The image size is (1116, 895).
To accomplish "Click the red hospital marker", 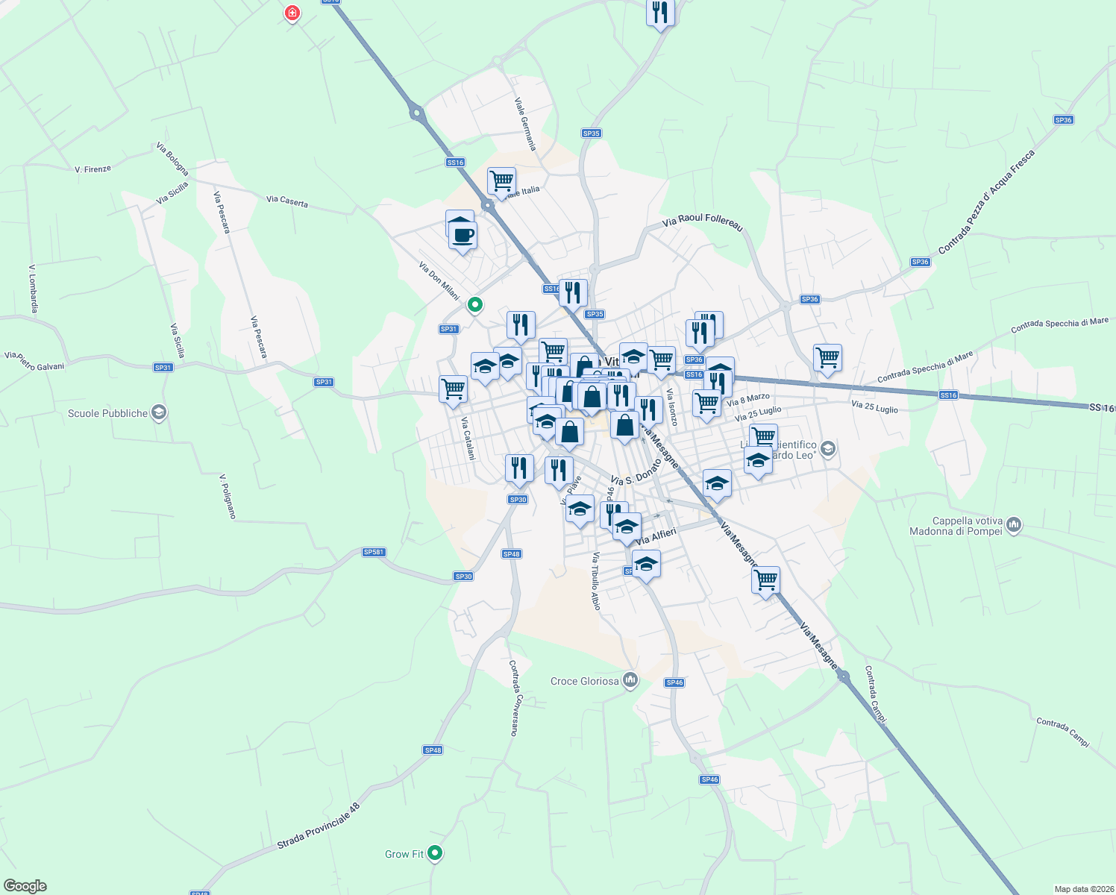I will (x=292, y=13).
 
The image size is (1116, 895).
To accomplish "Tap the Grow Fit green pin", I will (x=435, y=852).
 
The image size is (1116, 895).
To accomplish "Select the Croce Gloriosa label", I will (x=584, y=681).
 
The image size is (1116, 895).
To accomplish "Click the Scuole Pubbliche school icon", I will (x=158, y=412).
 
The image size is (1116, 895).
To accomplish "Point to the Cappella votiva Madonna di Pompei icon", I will (x=1013, y=525).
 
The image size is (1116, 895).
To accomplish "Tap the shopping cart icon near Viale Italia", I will (x=502, y=180).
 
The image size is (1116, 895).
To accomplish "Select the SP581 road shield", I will (x=374, y=552).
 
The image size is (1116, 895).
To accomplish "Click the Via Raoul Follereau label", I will (x=703, y=222).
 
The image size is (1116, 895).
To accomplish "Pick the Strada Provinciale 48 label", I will (x=318, y=826).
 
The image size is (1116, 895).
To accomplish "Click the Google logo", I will (x=25, y=886).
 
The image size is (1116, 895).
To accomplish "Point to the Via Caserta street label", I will (x=287, y=201).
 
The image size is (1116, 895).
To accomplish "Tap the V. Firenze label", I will (x=93, y=169).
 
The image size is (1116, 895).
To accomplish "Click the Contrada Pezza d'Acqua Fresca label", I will (x=986, y=201).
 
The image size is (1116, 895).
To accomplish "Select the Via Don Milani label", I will (x=439, y=280).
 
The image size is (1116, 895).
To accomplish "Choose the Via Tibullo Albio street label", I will (x=595, y=581).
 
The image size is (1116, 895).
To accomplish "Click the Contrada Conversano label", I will (x=514, y=697).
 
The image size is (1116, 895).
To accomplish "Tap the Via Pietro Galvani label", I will (x=34, y=361).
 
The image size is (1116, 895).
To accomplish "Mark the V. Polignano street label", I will (x=228, y=496).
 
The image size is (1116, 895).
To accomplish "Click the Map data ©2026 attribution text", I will (x=1083, y=889).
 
